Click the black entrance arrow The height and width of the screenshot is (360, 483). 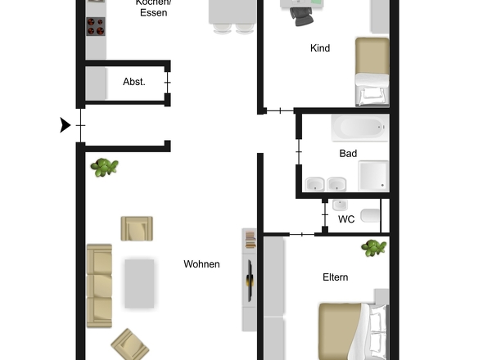click(x=65, y=125)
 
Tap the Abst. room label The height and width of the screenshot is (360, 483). click(x=134, y=82)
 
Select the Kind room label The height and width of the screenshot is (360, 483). click(x=320, y=48)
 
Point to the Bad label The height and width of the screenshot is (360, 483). click(x=349, y=153)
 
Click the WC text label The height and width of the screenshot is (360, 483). click(x=346, y=219)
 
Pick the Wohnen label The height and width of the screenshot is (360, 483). click(x=201, y=264)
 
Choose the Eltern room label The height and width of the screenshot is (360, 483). click(x=335, y=277)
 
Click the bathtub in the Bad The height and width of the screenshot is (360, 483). click(x=359, y=128)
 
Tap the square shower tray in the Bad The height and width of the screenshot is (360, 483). click(x=372, y=175)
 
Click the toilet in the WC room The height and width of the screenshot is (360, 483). click(x=370, y=217)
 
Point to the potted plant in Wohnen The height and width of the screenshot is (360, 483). click(x=105, y=168)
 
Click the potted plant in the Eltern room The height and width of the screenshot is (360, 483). click(x=374, y=247)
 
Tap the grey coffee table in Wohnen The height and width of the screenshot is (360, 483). click(x=139, y=283)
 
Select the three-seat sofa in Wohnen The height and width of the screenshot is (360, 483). click(x=99, y=284)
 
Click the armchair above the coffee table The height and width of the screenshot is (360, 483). click(x=136, y=228)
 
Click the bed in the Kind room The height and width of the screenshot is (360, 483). click(x=372, y=71)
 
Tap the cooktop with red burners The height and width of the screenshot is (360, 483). click(x=96, y=26)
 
